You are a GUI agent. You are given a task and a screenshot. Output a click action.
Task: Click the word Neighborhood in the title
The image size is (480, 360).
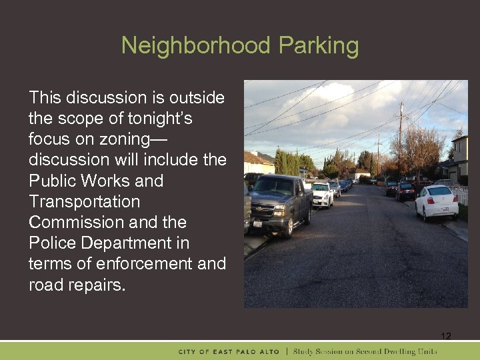pyautogui.click(x=196, y=46)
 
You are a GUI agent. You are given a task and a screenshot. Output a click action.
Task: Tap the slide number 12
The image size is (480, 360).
pyautogui.click(x=446, y=335)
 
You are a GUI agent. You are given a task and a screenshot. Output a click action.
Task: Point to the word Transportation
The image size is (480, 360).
pyautogui.click(x=85, y=201)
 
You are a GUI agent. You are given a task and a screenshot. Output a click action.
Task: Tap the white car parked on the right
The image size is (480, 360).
pyautogui.click(x=437, y=203)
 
